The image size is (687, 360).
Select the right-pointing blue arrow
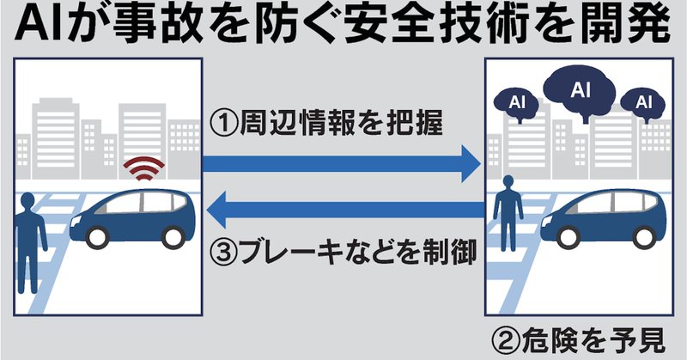pos(339,162)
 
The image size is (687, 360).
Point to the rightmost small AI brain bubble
pos(644,103)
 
